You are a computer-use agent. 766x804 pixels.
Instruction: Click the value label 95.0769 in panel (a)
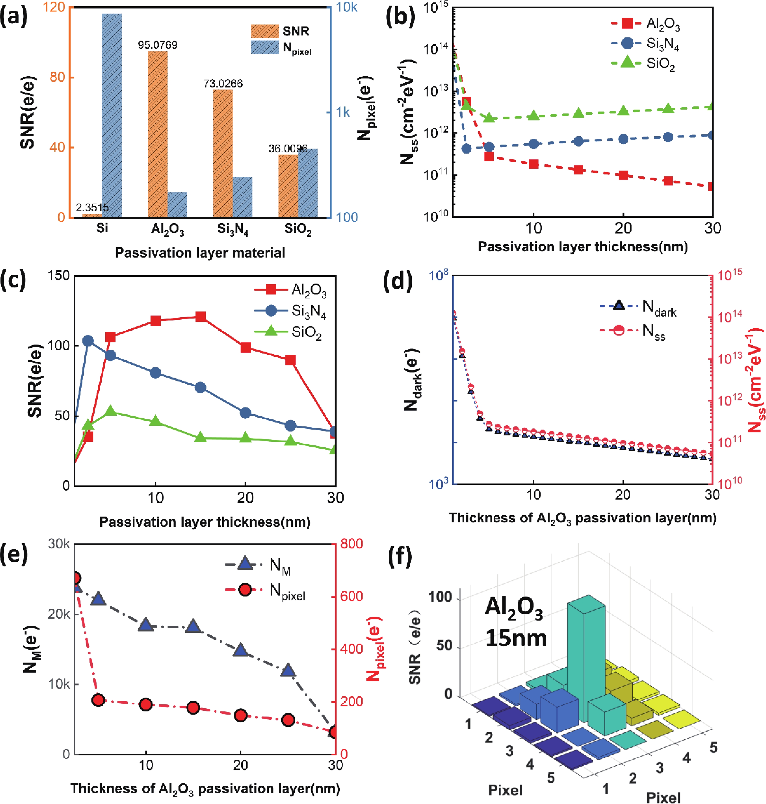tap(158, 45)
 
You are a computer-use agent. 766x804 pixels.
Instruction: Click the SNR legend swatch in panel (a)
tap(265, 31)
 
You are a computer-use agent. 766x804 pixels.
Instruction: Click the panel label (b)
tap(400, 17)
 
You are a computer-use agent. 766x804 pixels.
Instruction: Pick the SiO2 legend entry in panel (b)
tap(645, 63)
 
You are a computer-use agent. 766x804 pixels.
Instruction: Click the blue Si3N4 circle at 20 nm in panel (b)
tap(623, 139)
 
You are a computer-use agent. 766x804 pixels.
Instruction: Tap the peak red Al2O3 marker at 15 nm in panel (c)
tap(200, 317)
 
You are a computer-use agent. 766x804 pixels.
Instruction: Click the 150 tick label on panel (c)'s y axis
tap(58, 276)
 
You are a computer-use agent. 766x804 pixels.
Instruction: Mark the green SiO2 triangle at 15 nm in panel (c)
tap(200, 437)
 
